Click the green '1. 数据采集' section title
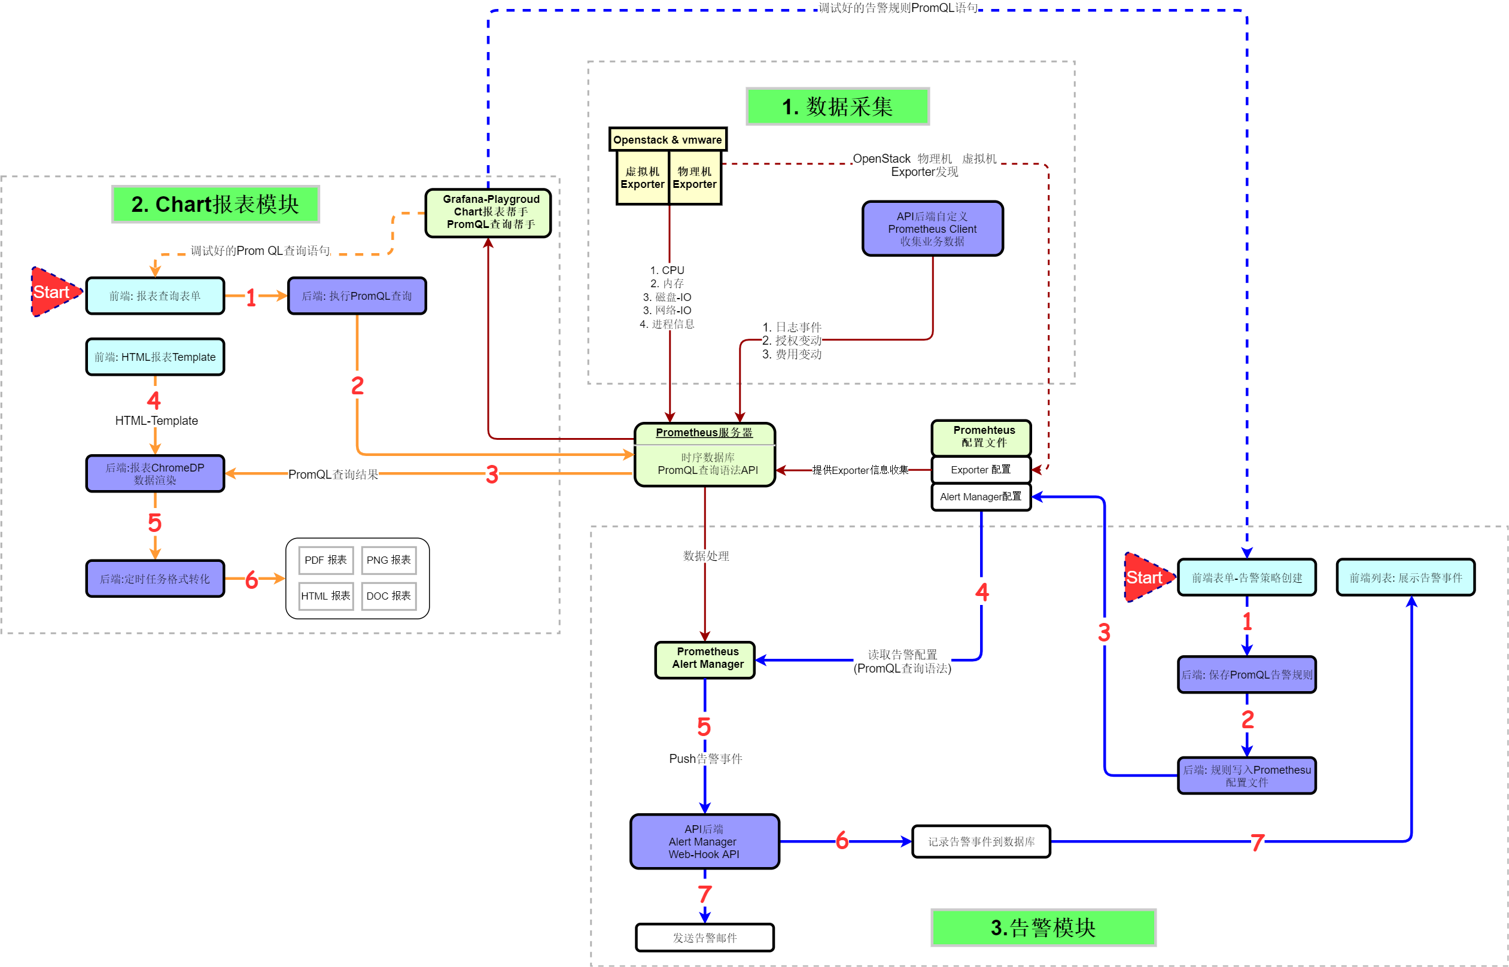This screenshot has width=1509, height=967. point(836,106)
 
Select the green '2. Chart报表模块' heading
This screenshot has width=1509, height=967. point(215,204)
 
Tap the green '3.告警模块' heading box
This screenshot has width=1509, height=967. point(1043,927)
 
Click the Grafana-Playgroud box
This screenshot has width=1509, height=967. point(488,213)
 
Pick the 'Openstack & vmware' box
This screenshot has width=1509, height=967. point(667,139)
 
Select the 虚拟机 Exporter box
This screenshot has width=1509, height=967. point(642,178)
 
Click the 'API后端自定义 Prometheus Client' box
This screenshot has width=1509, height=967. point(932,229)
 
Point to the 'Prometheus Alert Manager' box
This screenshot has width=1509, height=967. point(705,659)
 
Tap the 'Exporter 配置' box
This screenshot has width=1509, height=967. point(981,470)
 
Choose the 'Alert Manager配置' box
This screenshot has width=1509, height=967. point(981,497)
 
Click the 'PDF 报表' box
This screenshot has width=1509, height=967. point(325,559)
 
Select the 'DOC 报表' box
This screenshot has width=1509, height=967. point(388,596)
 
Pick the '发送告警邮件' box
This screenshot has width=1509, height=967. point(704,938)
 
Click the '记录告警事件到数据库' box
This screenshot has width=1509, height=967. point(981,841)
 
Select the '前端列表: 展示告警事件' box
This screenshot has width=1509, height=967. point(1405,577)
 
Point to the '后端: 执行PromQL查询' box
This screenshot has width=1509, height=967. point(357,296)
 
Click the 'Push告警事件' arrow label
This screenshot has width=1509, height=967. point(705,759)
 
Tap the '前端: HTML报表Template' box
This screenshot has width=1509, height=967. point(155,357)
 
